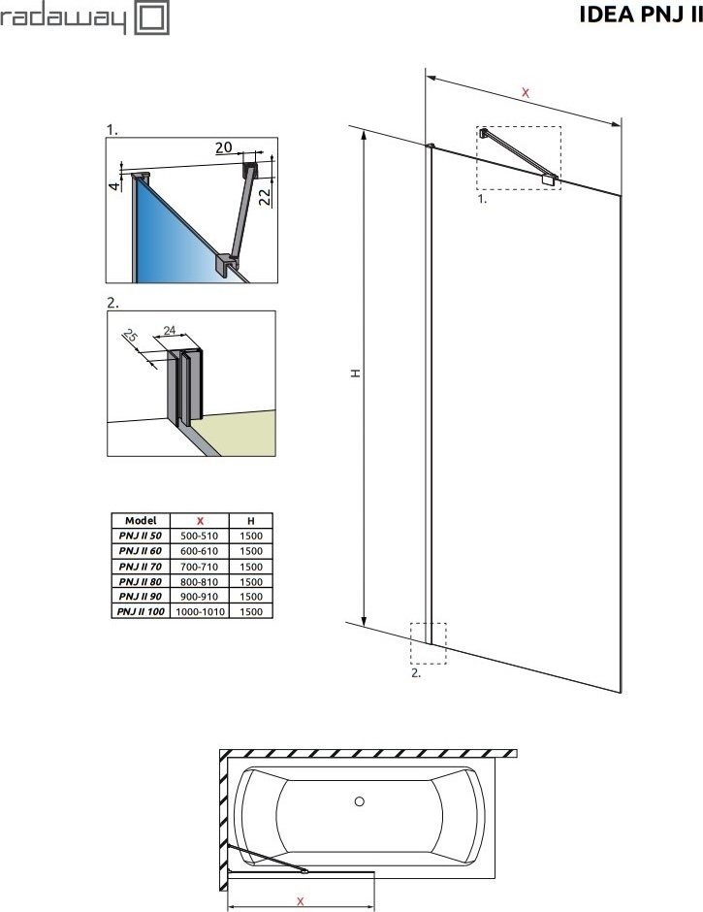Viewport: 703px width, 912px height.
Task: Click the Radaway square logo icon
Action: tap(152, 17)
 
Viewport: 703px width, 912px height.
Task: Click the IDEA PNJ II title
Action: tap(641, 15)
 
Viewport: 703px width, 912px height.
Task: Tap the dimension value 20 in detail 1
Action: tap(224, 147)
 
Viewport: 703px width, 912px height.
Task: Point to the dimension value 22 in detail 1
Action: tap(265, 197)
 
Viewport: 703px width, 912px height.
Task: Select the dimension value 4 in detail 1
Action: tap(115, 185)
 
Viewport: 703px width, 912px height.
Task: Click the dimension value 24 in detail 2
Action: tap(170, 331)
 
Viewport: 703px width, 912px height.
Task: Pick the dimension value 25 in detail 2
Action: tap(131, 337)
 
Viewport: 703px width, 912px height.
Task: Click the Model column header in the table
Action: tap(141, 521)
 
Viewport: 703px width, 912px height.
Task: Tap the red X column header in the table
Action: tap(200, 521)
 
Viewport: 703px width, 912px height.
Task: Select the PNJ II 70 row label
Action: tap(141, 566)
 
